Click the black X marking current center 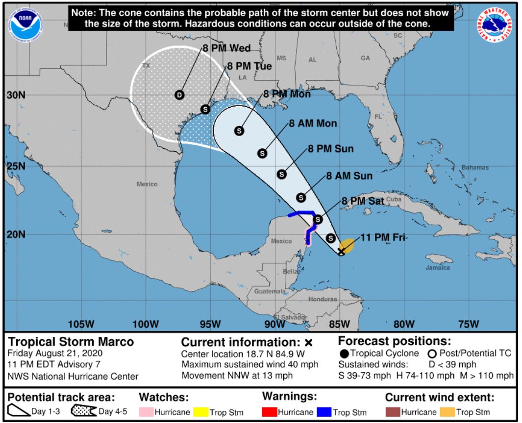pos(342,251)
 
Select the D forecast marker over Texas pos(179,95)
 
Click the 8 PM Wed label pos(226,48)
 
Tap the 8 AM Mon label pos(313,123)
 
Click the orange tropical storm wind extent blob pos(348,245)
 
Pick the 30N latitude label pos(16,95)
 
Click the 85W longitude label pos(339,324)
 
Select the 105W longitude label pos(81,324)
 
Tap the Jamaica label pos(438,268)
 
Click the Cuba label pos(394,200)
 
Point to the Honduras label pos(323,299)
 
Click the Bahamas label pos(475,167)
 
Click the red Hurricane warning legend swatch pos(270,412)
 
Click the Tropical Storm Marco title pos(71,341)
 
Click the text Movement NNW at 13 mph pos(237,376)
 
